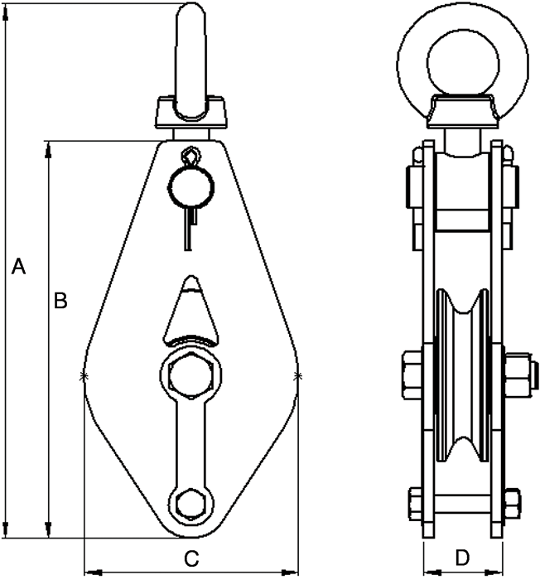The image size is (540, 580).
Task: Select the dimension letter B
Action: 60,301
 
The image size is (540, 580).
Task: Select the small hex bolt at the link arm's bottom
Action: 190,503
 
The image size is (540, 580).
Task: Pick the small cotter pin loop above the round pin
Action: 190,156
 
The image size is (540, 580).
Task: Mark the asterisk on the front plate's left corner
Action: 83,377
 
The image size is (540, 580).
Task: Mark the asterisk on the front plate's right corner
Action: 297,377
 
